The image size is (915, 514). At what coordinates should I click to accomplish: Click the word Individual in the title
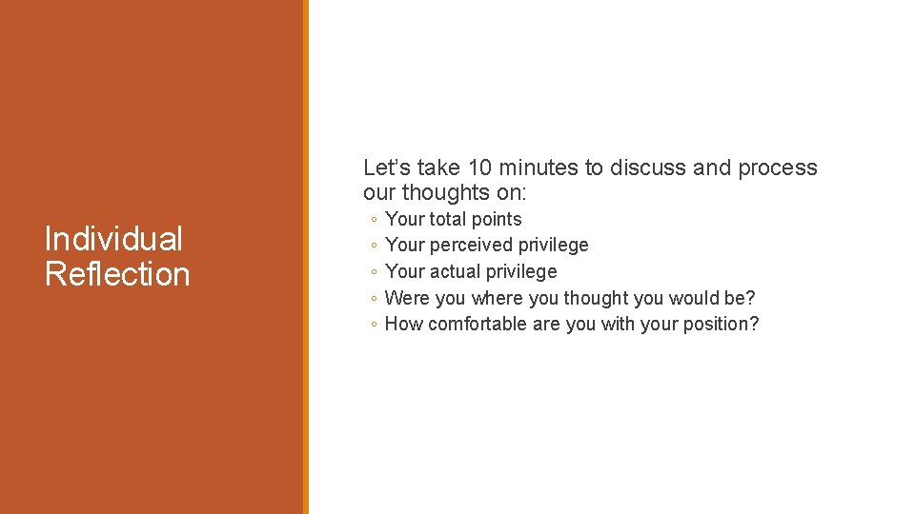point(113,239)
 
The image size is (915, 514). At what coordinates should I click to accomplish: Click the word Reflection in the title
point(117,274)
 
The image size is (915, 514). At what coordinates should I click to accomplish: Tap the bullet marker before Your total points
point(374,220)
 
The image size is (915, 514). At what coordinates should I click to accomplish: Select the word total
point(448,219)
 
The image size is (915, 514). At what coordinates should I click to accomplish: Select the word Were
point(407,298)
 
